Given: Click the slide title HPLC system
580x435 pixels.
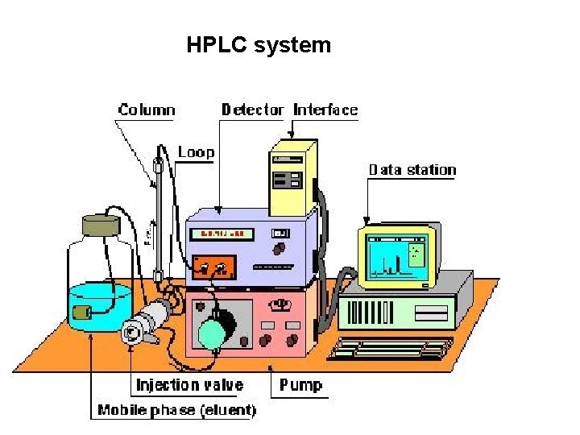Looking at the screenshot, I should point(258,45).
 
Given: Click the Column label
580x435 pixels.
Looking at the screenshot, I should point(147,110).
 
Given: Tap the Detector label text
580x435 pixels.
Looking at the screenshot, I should point(253,110).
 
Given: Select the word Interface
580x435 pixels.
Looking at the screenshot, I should point(325,110).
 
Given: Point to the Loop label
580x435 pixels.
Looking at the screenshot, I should point(196,152).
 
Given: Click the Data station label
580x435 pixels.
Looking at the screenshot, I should point(412,170).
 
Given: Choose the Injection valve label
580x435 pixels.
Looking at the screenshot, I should point(189,385).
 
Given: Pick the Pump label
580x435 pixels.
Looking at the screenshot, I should point(300,385).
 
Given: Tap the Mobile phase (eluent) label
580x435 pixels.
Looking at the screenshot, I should point(176,411).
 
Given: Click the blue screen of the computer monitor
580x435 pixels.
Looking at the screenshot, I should point(396,256).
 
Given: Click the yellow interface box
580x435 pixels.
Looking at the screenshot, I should point(292,177).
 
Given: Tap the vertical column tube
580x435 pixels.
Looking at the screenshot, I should point(159,217).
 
